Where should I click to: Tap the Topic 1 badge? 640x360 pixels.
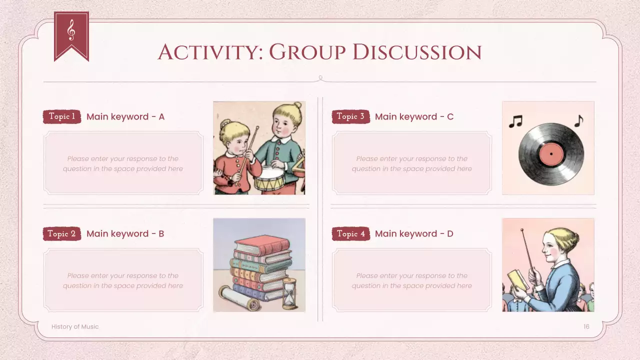pos(62,116)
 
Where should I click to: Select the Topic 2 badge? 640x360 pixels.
pos(62,233)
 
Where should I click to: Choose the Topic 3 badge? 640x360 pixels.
pos(350,116)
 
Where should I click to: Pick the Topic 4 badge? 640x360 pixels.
pos(350,233)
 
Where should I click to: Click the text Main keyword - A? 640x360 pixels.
pos(125,116)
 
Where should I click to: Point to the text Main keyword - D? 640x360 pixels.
pos(414,233)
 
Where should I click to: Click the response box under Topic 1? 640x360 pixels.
pos(123,163)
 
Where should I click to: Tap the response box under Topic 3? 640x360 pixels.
pos(411,163)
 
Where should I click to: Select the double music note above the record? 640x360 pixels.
pos(515,121)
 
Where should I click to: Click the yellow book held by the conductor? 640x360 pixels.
pos(517,280)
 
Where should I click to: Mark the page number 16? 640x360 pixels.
pos(586,326)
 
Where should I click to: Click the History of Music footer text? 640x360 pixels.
pos(75,326)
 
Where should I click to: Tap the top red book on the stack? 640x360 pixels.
pos(262,244)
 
